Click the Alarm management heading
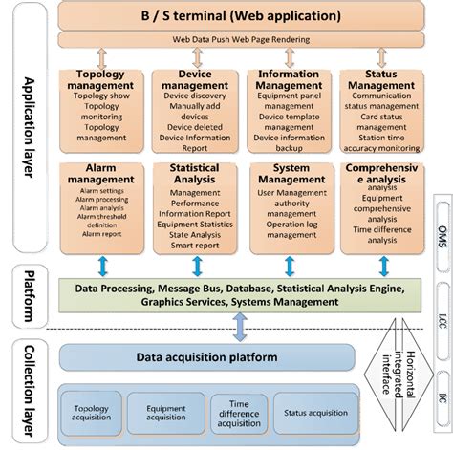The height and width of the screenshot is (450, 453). pyautogui.click(x=101, y=173)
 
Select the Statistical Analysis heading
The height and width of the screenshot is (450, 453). pyautogui.click(x=196, y=173)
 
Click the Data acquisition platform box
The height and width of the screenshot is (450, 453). pyautogui.click(x=209, y=356)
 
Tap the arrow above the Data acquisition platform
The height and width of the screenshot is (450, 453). pyautogui.click(x=240, y=328)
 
